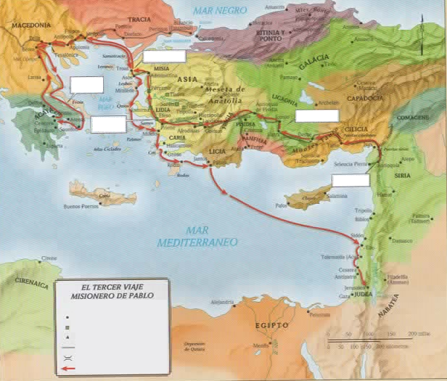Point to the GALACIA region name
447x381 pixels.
pyautogui.click(x=313, y=65)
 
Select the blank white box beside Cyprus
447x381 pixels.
pyautogui.click(x=345, y=180)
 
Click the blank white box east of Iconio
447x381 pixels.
pyautogui.click(x=317, y=115)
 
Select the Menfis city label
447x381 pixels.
pyautogui.click(x=260, y=345)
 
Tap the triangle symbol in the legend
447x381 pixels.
pyautogui.click(x=67, y=337)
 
